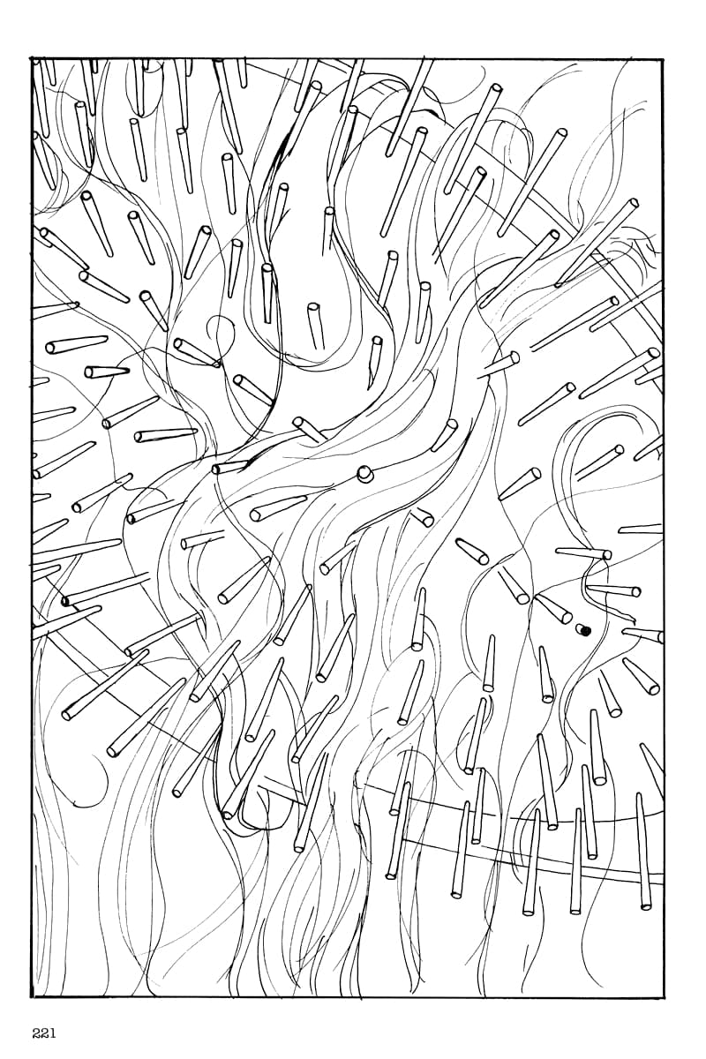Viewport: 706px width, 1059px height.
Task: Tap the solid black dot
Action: click(x=586, y=630)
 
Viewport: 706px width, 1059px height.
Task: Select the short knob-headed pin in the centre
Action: click(x=364, y=474)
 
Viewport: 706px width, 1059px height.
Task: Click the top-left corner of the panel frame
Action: click(x=32, y=59)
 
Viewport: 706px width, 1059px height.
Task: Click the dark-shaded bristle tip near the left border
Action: click(x=65, y=602)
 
